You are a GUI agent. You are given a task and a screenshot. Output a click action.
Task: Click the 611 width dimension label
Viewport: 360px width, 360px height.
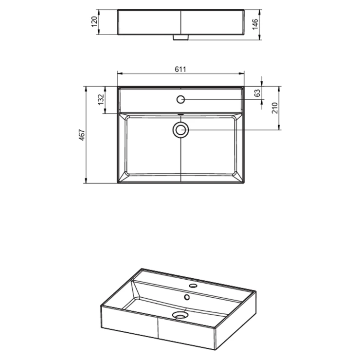pyautogui.click(x=180, y=69)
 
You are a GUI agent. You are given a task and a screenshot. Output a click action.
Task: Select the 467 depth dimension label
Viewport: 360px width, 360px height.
pyautogui.click(x=82, y=135)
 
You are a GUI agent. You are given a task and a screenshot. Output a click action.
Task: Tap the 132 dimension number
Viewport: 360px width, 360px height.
pyautogui.click(x=101, y=99)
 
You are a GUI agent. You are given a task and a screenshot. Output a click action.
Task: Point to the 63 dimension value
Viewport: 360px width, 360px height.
pyautogui.click(x=258, y=92)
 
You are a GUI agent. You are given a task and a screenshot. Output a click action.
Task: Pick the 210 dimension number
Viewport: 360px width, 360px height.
pyautogui.click(x=274, y=108)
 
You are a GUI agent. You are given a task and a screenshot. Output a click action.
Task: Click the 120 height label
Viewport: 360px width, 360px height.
pyautogui.click(x=94, y=21)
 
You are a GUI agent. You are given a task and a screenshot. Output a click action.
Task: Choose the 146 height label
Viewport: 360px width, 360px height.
pyautogui.click(x=255, y=24)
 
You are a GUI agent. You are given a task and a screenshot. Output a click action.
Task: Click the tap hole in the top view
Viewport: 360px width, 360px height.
pyautogui.click(x=180, y=99)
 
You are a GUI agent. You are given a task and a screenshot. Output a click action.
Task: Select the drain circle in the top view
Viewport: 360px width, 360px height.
pyautogui.click(x=180, y=130)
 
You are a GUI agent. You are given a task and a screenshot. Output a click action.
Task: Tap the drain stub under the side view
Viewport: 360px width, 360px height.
pyautogui.click(x=180, y=37)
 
